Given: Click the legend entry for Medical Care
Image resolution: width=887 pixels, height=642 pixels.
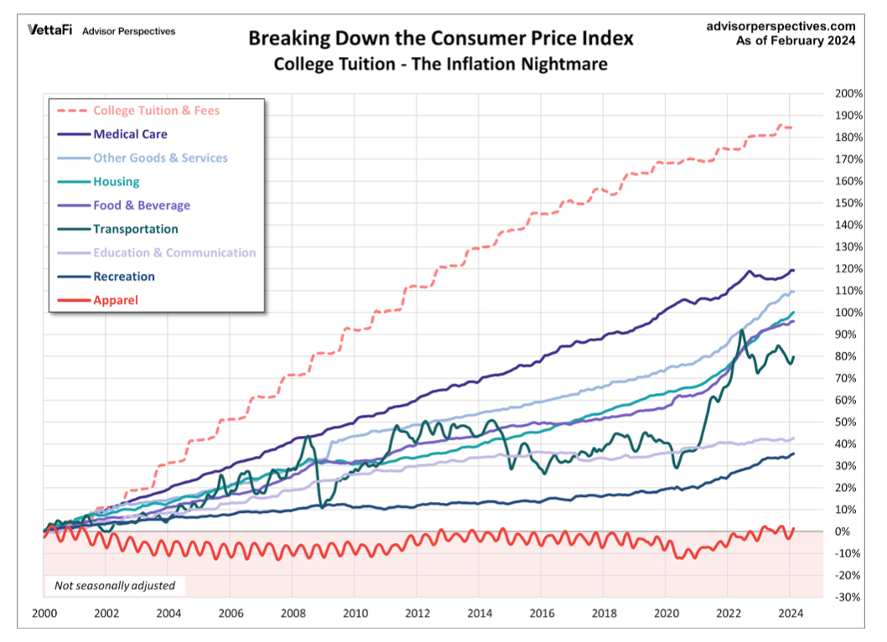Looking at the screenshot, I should click(x=130, y=134).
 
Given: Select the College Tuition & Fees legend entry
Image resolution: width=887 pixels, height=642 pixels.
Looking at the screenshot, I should click(x=156, y=110).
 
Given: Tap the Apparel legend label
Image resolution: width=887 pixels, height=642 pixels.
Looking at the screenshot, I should click(x=116, y=299).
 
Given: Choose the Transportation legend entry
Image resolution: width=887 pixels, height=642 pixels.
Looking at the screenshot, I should click(x=136, y=229).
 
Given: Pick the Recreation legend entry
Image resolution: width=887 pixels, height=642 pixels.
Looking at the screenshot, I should click(x=124, y=276).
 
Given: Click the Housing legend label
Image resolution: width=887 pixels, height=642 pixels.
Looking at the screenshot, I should click(x=117, y=181).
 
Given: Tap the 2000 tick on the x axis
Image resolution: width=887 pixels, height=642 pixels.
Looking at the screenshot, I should click(x=44, y=613).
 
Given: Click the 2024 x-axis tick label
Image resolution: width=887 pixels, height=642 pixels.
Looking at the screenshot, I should click(x=791, y=613).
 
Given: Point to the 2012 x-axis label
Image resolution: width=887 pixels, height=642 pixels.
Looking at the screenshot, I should click(x=418, y=613).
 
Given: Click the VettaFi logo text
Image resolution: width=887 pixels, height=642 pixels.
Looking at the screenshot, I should click(x=50, y=31).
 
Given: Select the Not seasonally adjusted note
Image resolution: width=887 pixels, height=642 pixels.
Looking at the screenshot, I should click(x=115, y=586).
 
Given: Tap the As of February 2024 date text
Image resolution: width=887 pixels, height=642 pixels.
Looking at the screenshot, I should click(x=796, y=41).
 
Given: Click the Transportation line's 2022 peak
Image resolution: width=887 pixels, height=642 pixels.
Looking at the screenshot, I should click(x=742, y=332).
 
